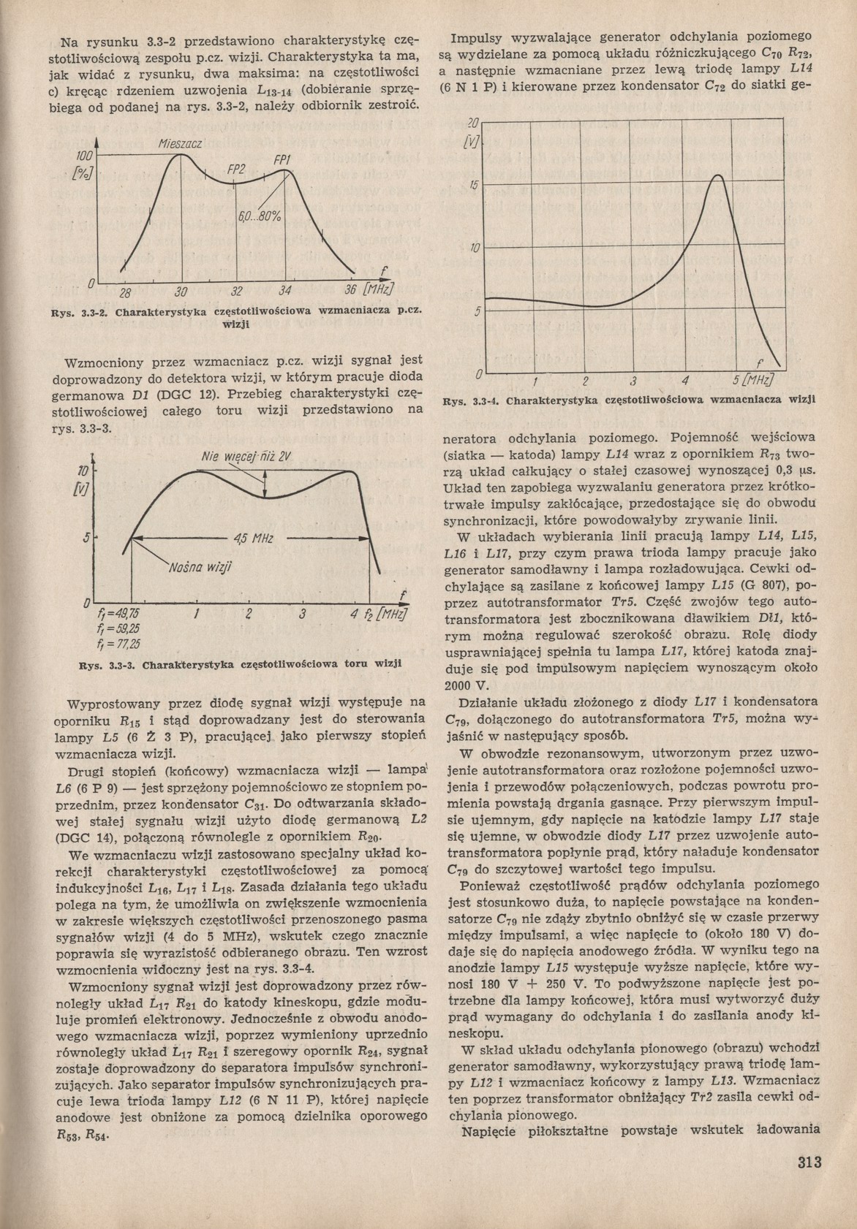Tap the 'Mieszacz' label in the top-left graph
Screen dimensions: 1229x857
coord(180,144)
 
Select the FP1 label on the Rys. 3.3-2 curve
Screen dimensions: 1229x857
coord(283,161)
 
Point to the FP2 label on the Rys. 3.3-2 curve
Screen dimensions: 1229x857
coord(235,170)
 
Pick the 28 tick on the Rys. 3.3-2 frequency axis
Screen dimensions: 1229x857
coord(125,294)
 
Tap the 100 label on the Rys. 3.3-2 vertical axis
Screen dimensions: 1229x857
coord(83,156)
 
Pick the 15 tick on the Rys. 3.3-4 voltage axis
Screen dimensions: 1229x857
coord(473,186)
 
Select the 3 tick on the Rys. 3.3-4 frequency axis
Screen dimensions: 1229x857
coord(633,382)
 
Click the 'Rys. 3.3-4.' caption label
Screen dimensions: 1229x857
coord(474,401)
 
